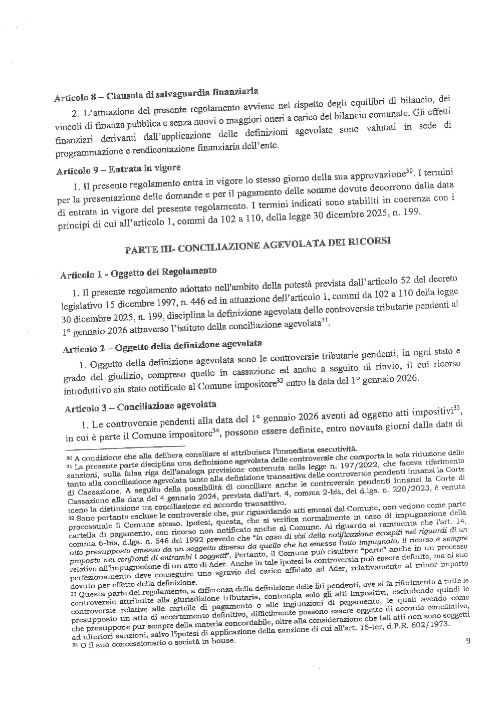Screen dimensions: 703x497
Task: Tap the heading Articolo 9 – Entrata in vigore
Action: pos(118,168)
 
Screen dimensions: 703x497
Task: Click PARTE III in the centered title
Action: pos(149,249)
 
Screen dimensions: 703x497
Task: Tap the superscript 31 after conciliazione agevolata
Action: pos(325,321)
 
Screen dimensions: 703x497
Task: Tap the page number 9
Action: pos(468,640)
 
